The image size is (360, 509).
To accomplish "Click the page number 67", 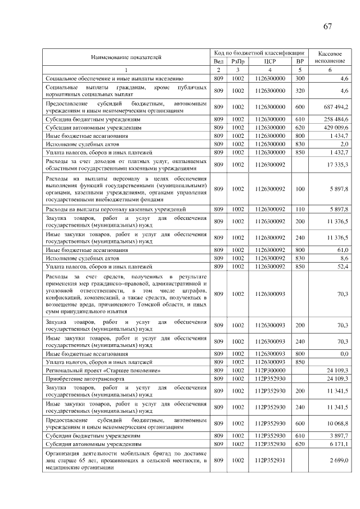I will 327,27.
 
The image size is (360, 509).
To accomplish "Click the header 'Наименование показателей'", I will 126,57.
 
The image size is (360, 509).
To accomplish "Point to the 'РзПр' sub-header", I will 238,61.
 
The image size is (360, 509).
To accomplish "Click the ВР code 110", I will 300,209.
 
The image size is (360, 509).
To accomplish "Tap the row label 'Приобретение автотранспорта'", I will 84,379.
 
